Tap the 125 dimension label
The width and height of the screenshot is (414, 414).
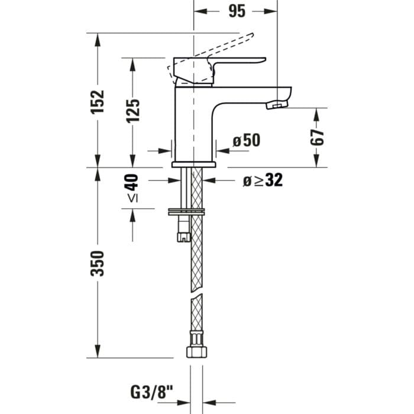pos(133,110)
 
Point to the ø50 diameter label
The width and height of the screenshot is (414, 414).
pos(246,140)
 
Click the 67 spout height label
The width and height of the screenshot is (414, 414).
pos(318,137)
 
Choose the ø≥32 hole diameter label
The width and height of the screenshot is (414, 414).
pos(263,180)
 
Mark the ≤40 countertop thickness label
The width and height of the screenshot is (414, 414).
pos(132,189)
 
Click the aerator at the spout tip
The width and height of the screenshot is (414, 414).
pos(276,105)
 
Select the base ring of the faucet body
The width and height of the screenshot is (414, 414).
pos(194,164)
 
